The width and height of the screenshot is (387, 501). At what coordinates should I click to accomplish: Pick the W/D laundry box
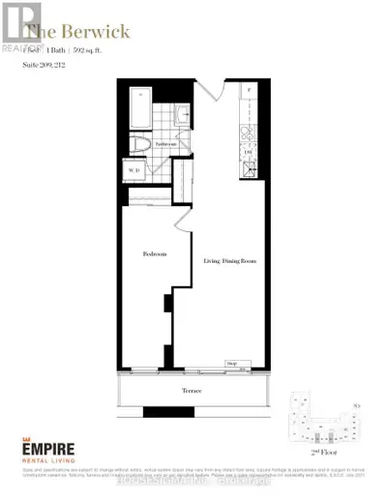[135, 172]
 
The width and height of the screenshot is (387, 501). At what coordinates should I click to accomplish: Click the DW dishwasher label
[247, 153]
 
